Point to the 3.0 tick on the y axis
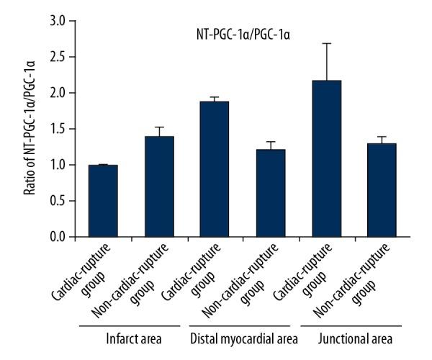pos(56,21)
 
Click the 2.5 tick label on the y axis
pos(56,57)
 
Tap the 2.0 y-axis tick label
pos(56,93)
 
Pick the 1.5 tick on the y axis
pos(56,129)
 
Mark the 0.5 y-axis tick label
pos(56,201)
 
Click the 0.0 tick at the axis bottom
pos(56,237)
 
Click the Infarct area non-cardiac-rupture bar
pos(159,186)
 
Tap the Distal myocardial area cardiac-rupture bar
pos(215,169)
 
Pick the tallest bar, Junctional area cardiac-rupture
pos(328,158)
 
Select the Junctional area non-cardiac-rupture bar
pos(384,190)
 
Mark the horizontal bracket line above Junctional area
pos(356,326)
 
